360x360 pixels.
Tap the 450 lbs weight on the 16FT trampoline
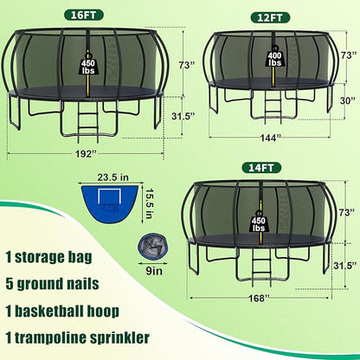pos(88,70)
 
